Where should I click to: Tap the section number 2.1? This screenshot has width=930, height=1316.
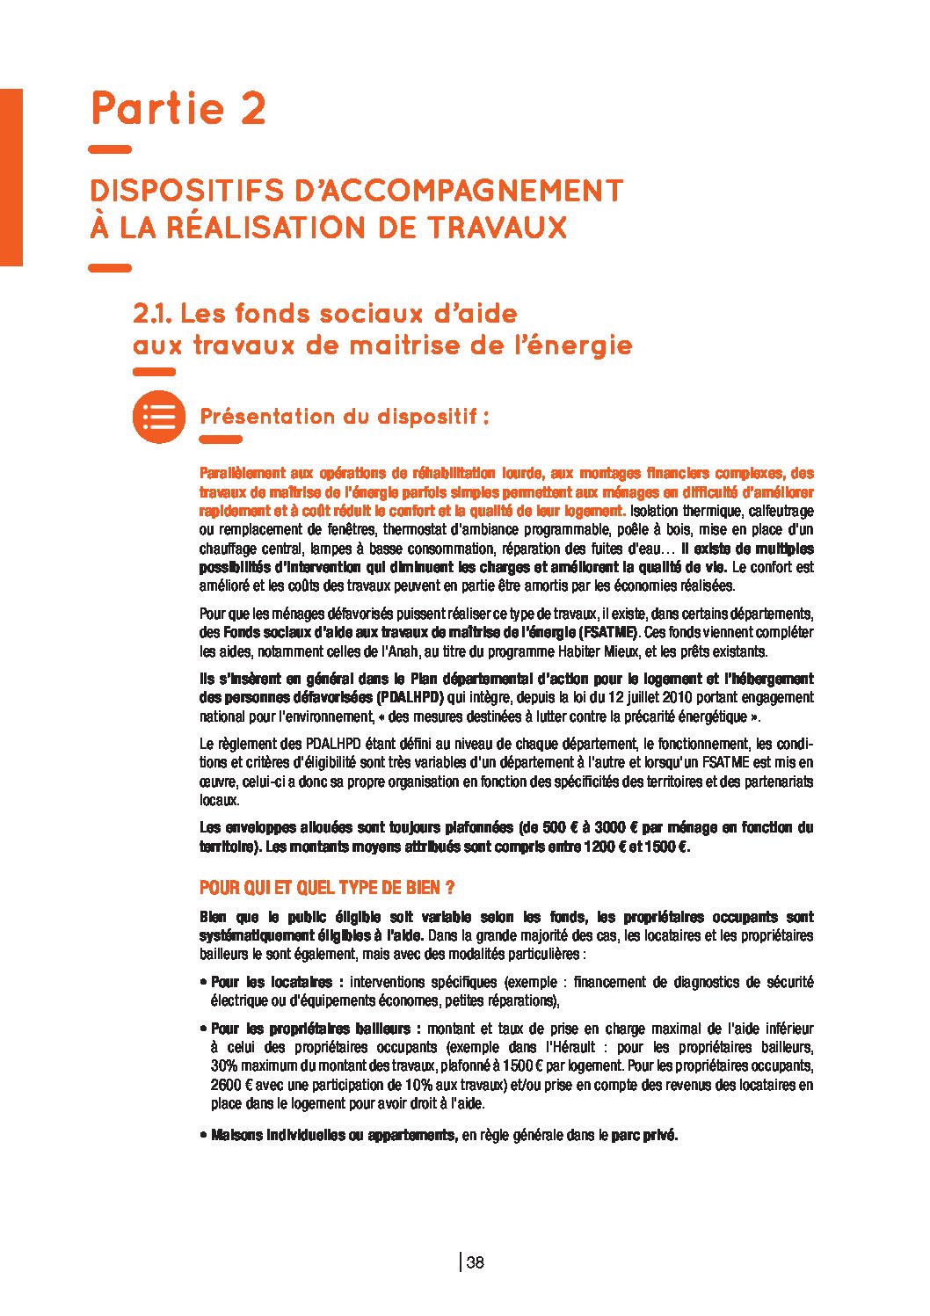tap(153, 314)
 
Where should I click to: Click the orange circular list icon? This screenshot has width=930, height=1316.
tap(158, 417)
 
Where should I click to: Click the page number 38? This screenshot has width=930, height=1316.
tap(476, 1263)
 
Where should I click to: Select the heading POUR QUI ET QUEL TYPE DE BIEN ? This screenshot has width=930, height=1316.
tap(326, 888)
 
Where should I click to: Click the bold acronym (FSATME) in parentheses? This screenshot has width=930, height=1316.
tap(609, 633)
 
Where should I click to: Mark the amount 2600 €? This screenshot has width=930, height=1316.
tap(230, 1085)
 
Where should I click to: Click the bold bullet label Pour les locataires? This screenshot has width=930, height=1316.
tap(272, 983)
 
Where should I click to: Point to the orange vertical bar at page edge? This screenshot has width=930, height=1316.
tap(11, 176)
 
